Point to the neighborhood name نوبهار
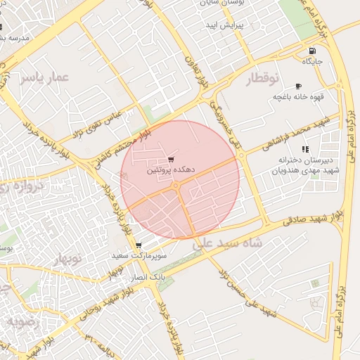[x=67, y=259]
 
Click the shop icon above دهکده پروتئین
[x=171, y=160]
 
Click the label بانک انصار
[x=152, y=278]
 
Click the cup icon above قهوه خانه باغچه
[x=298, y=86]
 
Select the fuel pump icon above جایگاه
[x=312, y=51]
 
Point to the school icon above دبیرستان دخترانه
[x=304, y=149]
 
